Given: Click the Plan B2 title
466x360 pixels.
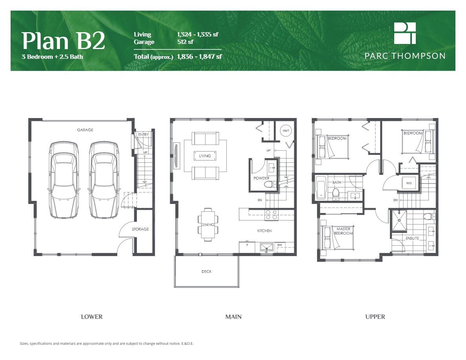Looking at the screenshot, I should click(63, 40).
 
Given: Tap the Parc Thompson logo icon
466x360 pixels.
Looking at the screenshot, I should click(405, 33).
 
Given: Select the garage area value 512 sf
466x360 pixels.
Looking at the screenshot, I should click(186, 42).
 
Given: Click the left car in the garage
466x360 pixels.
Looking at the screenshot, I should click(64, 180).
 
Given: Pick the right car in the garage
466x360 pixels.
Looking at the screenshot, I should click(104, 180).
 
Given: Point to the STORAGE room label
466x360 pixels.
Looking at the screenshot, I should click(140, 229).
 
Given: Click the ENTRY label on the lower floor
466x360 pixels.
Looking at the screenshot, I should click(144, 135).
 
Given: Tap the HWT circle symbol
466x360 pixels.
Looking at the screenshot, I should click(286, 131).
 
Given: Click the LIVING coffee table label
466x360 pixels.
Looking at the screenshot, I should click(205, 156).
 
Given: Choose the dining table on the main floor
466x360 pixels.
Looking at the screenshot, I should click(208, 224).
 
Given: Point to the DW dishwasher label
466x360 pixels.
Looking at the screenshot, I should click(280, 245).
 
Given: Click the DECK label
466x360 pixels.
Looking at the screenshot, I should click(206, 271).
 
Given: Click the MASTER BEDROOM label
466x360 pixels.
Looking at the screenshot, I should click(343, 231).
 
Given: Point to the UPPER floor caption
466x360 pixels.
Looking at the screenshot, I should click(375, 316).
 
